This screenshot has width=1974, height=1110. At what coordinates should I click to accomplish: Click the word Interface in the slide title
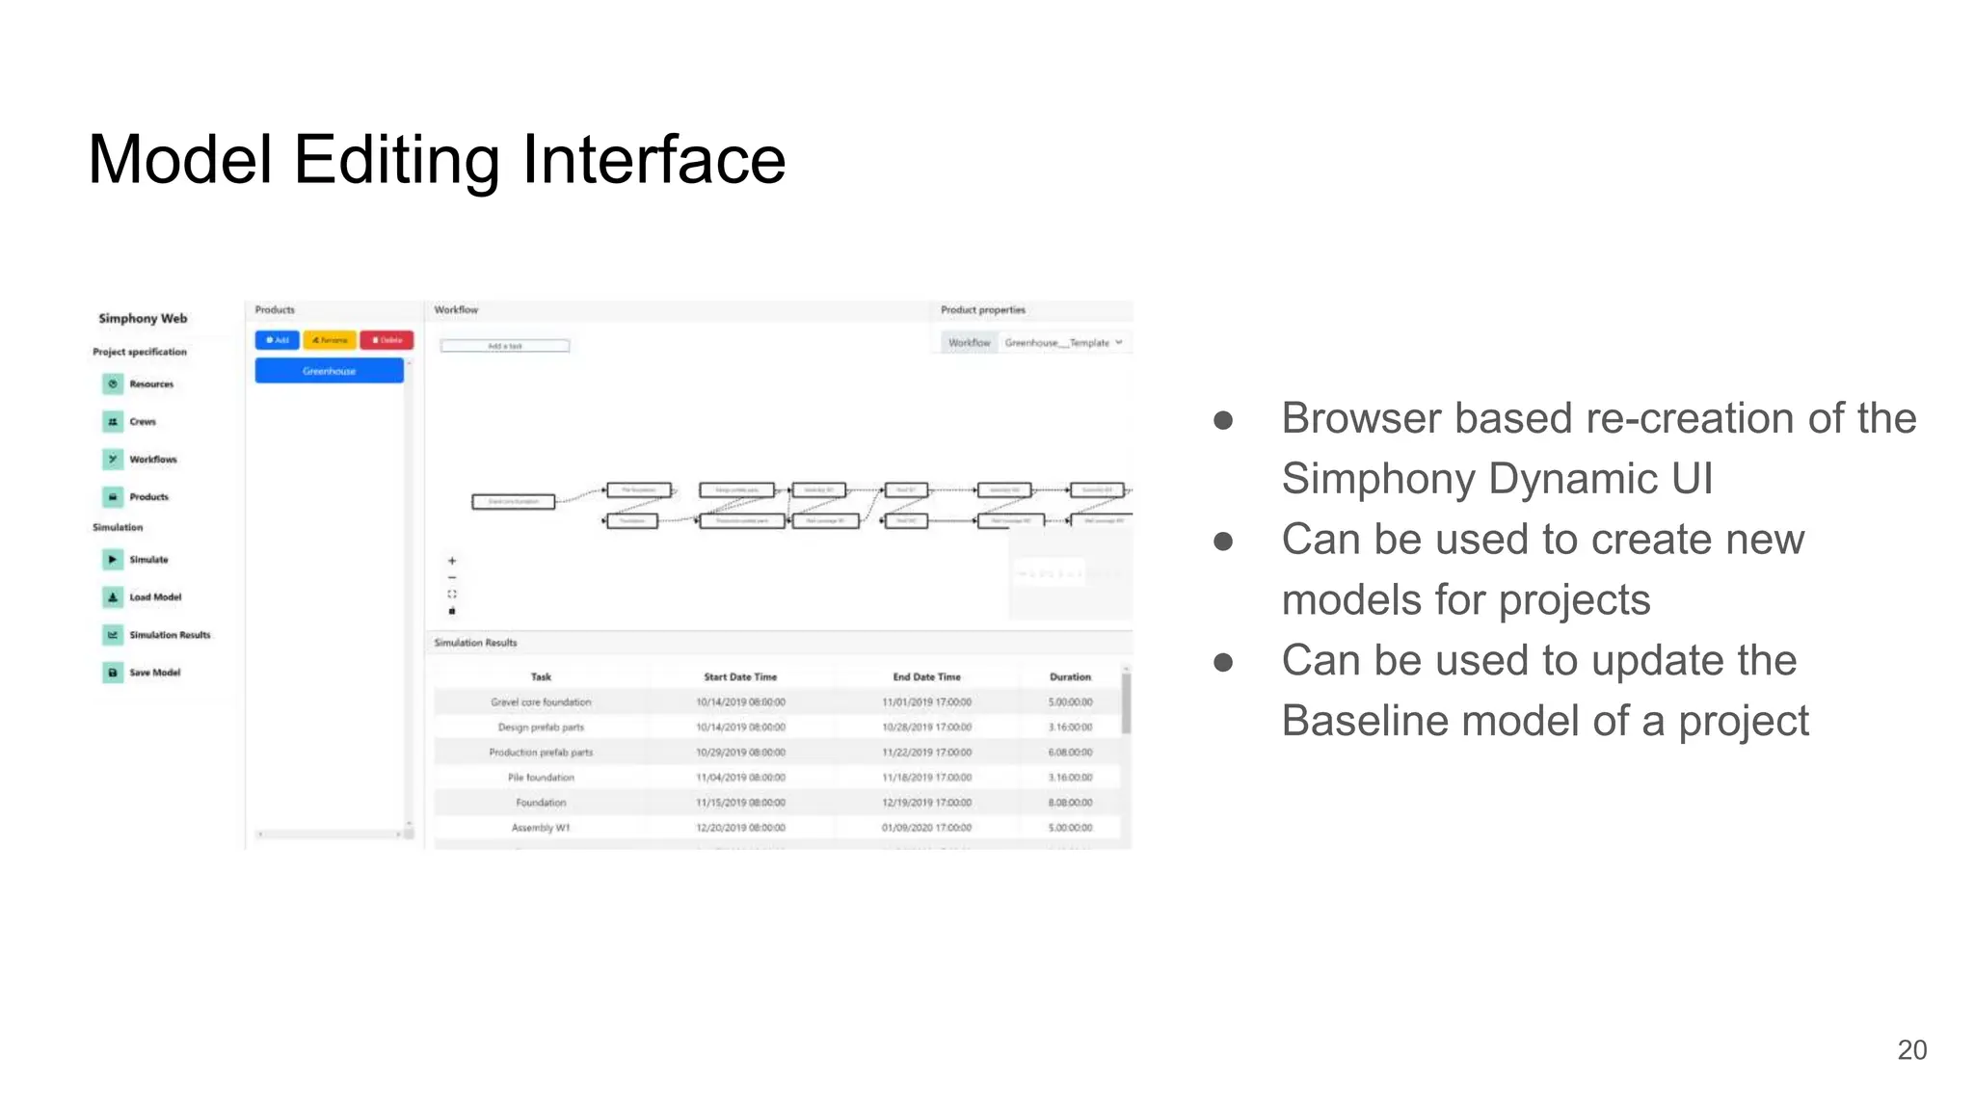click(654, 160)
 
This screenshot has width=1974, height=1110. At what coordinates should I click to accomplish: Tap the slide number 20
click(1911, 1050)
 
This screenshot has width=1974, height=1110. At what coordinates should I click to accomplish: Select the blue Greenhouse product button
click(329, 371)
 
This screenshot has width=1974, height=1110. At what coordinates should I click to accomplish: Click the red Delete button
click(387, 340)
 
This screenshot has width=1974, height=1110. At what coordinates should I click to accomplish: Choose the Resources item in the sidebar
click(150, 384)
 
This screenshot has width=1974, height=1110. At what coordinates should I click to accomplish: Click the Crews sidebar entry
click(142, 422)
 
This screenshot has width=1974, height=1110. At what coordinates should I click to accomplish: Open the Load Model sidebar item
click(154, 597)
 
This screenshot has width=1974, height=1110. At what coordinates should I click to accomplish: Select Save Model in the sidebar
click(154, 673)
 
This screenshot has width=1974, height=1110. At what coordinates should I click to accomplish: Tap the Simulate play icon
click(113, 560)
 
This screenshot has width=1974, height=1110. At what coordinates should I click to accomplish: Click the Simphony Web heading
click(143, 319)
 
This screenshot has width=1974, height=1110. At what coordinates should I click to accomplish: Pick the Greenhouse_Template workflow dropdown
click(1062, 343)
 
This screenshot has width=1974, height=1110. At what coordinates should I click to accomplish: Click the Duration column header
click(1070, 677)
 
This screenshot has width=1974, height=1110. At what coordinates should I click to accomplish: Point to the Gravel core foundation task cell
click(541, 702)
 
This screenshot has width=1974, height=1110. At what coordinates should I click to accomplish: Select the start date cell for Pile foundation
click(740, 778)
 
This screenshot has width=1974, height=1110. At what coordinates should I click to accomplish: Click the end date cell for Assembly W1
click(926, 828)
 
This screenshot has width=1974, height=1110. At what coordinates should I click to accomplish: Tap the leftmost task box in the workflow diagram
click(513, 502)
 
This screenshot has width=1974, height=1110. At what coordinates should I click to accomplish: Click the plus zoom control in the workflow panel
click(452, 561)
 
